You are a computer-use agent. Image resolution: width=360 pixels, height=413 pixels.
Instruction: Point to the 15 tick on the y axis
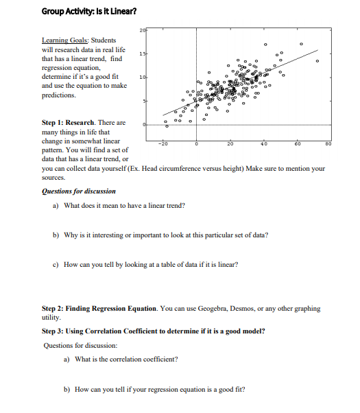point(142,54)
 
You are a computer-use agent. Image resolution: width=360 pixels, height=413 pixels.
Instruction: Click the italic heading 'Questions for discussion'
point(79,191)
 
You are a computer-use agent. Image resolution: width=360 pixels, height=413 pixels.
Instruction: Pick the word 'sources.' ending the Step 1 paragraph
point(53,176)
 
